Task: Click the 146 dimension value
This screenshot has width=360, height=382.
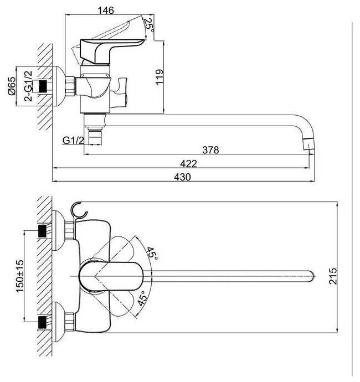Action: point(106,11)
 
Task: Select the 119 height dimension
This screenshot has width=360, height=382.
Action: point(159,77)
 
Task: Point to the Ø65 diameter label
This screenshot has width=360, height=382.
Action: point(12,86)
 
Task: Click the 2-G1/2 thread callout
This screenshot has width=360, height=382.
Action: point(28,86)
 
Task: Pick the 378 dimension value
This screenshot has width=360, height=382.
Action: point(210,150)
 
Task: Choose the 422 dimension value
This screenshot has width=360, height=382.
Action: point(188,163)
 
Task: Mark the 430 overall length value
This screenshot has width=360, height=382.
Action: point(182,177)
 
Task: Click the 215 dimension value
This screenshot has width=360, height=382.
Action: point(333,276)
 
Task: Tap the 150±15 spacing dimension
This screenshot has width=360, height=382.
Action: point(20,276)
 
